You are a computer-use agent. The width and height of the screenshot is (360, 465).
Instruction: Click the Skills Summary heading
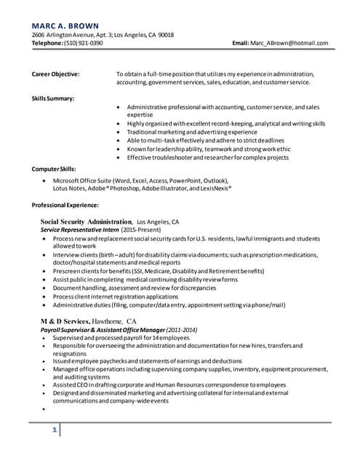click(x=53, y=98)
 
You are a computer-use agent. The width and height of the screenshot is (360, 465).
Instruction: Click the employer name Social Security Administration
click(x=87, y=221)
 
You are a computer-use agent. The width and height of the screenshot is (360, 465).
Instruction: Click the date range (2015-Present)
click(x=143, y=230)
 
